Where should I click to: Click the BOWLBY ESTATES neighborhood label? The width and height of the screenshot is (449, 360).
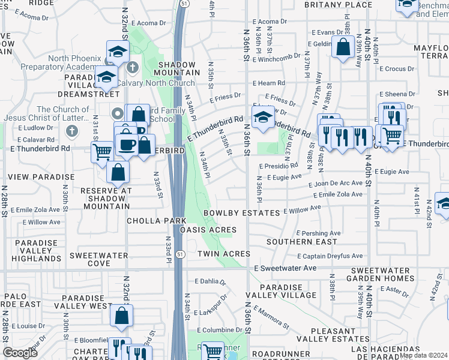[x=241, y=213]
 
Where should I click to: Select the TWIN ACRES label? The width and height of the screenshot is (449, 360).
[x=223, y=254]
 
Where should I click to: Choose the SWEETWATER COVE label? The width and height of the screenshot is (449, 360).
[x=90, y=259]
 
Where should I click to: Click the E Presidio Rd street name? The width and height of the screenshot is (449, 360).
[x=279, y=166]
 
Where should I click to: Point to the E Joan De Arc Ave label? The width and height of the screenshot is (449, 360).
[x=338, y=183]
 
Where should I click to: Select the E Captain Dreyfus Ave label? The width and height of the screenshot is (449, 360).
[x=329, y=256]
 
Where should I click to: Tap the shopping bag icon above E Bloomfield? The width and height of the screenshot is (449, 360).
[x=121, y=316]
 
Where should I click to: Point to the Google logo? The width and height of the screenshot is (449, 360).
[x=20, y=353]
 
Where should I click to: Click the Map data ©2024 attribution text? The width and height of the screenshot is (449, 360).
[x=423, y=355]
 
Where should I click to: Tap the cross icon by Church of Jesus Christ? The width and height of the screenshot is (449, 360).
[x=71, y=131]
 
